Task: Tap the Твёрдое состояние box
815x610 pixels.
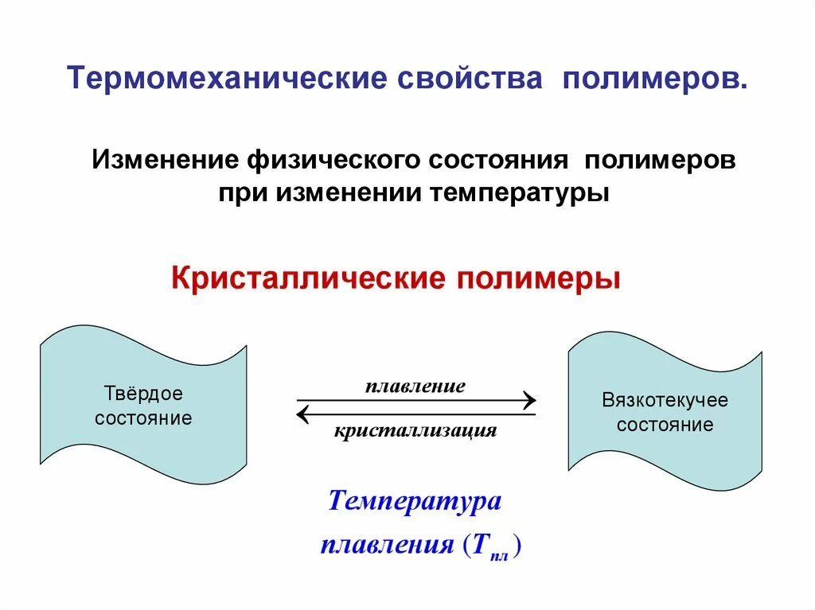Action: click(x=143, y=405)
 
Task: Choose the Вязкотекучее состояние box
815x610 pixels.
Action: click(x=665, y=411)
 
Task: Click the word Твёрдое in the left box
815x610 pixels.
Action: click(x=143, y=394)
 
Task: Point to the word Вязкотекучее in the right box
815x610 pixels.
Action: click(x=665, y=400)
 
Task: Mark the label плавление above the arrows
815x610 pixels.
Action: click(x=415, y=387)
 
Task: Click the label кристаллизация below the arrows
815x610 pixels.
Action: click(x=415, y=431)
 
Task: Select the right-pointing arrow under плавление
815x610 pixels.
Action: click(x=415, y=400)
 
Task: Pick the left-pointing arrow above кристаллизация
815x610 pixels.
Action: click(x=415, y=414)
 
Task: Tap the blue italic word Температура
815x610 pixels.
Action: click(x=415, y=502)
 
